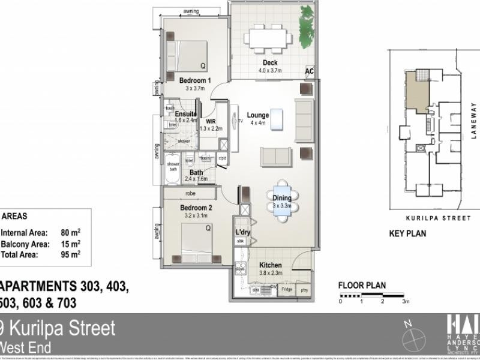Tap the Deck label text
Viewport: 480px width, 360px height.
pyautogui.click(x=269, y=63)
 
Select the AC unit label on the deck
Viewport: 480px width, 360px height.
pyautogui.click(x=310, y=71)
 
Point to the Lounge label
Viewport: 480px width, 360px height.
pyautogui.click(x=257, y=115)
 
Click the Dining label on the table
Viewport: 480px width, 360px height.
pyautogui.click(x=282, y=198)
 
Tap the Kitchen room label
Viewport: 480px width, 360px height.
pyautogui.click(x=271, y=265)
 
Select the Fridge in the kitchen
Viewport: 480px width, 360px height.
pyautogui.click(x=287, y=290)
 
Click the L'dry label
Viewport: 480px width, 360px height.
pyautogui.click(x=242, y=232)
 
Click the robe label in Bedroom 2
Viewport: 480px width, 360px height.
pyautogui.click(x=191, y=194)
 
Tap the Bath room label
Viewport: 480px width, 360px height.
pyautogui.click(x=196, y=172)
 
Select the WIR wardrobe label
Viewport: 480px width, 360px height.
pyautogui.click(x=211, y=121)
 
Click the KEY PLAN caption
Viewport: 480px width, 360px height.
pyautogui.click(x=408, y=234)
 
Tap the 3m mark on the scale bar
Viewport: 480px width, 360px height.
pyautogui.click(x=406, y=301)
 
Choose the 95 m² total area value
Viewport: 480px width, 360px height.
pyautogui.click(x=71, y=254)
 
